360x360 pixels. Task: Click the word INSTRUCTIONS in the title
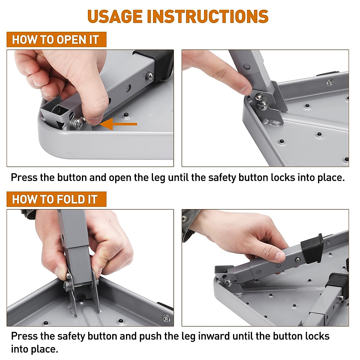point(208,16)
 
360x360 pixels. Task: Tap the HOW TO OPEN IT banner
point(56,39)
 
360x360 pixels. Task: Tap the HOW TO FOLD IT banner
point(56,199)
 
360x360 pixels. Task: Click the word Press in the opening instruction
point(24,177)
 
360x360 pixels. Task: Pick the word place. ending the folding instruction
point(44,349)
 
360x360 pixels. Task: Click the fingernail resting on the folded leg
point(280,257)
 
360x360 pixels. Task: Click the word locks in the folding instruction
point(317,336)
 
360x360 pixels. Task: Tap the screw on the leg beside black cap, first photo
point(149,76)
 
